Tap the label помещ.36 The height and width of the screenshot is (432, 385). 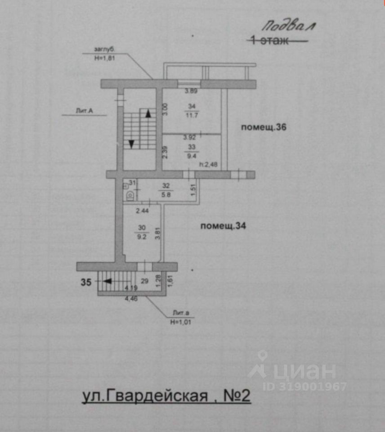pyautogui.click(x=264, y=127)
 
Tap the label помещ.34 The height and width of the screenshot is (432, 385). pyautogui.click(x=223, y=226)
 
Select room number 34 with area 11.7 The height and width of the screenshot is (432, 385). pyautogui.click(x=192, y=111)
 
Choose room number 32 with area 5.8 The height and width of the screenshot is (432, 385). pyautogui.click(x=165, y=188)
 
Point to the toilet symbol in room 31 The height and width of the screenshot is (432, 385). pyautogui.click(x=129, y=195)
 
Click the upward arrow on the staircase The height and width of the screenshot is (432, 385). pyautogui.click(x=148, y=113)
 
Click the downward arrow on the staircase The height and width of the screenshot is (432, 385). pyautogui.click(x=131, y=143)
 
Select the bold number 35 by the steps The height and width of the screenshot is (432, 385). pyautogui.click(x=87, y=283)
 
